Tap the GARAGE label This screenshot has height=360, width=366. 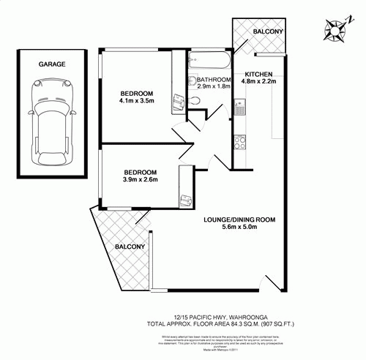coord(52,64)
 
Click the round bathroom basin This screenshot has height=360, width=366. coord(191,81)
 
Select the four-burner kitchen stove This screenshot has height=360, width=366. coord(238,140)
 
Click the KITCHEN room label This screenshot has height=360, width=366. coord(259,75)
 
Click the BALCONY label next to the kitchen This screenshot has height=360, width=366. coord(268,33)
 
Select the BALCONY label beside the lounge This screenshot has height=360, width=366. coord(129,247)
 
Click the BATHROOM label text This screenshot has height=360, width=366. coord(214,79)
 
